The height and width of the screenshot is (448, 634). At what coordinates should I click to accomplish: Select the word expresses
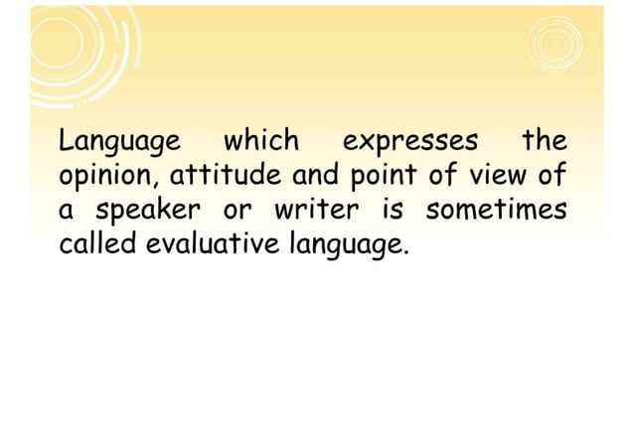(409, 142)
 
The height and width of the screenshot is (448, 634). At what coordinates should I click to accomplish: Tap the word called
(98, 243)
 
